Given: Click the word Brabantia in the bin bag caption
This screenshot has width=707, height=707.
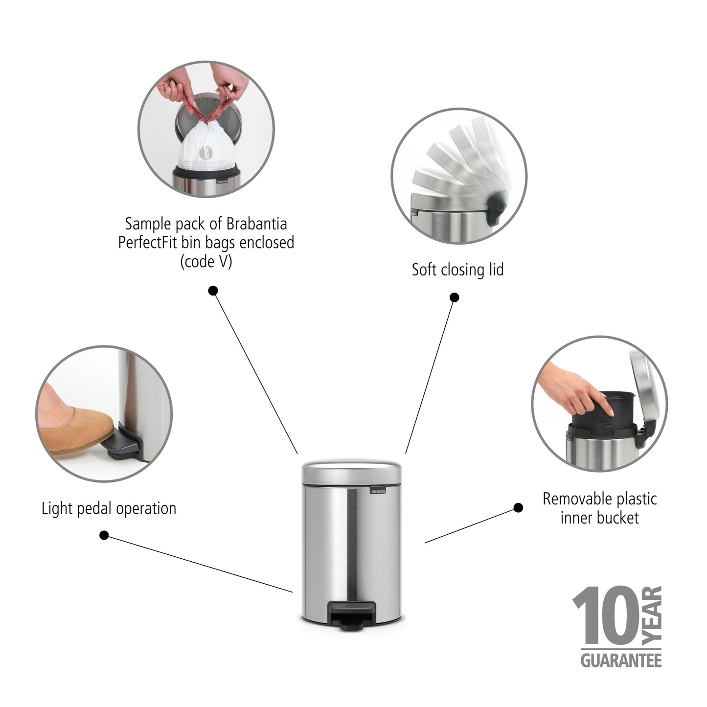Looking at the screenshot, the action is [x=256, y=224].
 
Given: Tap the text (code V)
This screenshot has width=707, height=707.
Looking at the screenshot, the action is [x=206, y=262].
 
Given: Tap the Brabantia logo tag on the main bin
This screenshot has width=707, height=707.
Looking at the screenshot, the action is [x=378, y=491].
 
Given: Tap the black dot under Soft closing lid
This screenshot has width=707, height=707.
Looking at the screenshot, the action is [x=454, y=297].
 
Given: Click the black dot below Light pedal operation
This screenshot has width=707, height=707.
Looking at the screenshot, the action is [x=104, y=535].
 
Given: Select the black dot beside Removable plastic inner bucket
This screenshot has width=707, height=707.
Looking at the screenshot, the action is [x=518, y=508].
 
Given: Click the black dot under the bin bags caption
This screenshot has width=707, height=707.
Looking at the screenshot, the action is [x=213, y=291].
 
